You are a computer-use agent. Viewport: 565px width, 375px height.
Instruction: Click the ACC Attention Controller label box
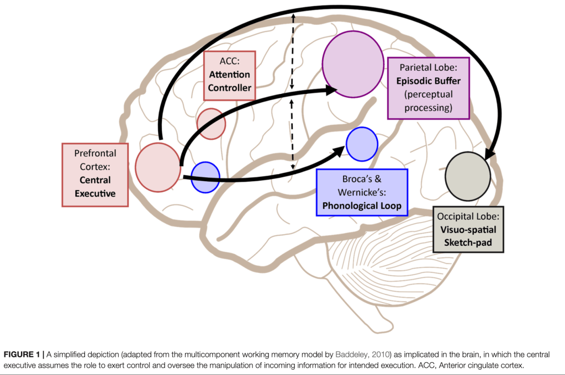pos(229,75)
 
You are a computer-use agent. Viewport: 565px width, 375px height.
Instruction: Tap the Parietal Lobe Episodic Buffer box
pos(429,88)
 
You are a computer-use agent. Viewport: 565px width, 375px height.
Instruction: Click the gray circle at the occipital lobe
pos(468,177)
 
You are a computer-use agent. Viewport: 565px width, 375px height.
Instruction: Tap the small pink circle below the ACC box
pos(212,124)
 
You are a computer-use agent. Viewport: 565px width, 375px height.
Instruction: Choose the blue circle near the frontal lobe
pos(205,177)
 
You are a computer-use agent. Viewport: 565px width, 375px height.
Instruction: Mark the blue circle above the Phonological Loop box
pos(362,144)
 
